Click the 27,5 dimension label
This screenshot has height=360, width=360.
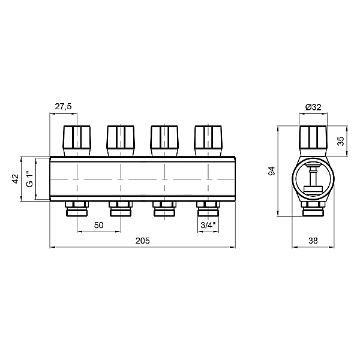point(63,107)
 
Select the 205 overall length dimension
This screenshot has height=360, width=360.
point(142,241)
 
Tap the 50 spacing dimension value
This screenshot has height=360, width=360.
point(99,225)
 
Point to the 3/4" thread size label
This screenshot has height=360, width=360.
point(208,225)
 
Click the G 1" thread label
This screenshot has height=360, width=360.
point(30,179)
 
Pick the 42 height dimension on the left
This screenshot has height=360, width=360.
point(16,179)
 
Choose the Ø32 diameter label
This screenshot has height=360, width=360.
point(313,107)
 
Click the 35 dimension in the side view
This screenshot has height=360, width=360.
point(341,141)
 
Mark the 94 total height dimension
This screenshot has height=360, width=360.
point(272,171)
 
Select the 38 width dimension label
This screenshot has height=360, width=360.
point(313,241)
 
